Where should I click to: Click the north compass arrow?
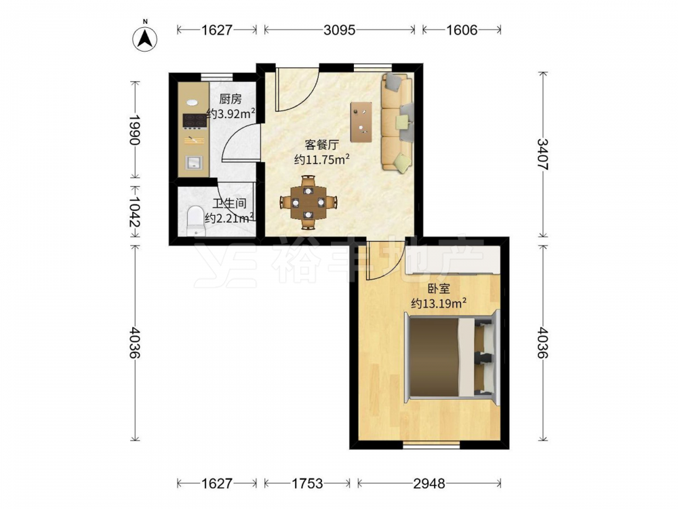click(x=145, y=39)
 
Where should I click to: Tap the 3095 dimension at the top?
click(x=340, y=30)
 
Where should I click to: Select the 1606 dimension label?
click(x=461, y=30)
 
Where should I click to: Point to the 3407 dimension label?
click(x=542, y=155)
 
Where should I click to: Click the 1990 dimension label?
click(x=135, y=130)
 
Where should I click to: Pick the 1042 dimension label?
click(x=135, y=212)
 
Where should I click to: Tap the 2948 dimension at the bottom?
click(x=429, y=483)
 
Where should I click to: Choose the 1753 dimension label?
click(x=306, y=483)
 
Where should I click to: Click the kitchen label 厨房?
click(x=230, y=99)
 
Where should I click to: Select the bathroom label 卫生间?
click(x=230, y=204)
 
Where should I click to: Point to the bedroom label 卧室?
click(x=439, y=288)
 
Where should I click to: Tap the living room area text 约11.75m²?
click(x=321, y=159)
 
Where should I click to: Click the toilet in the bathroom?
click(x=195, y=221)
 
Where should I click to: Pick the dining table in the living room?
click(x=308, y=202)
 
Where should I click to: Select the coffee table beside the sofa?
click(x=361, y=122)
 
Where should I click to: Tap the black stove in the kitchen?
click(x=195, y=121)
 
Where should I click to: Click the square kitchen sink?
click(x=194, y=162)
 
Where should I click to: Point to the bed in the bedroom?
click(x=452, y=357)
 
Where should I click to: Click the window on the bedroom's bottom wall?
click(x=431, y=445)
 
